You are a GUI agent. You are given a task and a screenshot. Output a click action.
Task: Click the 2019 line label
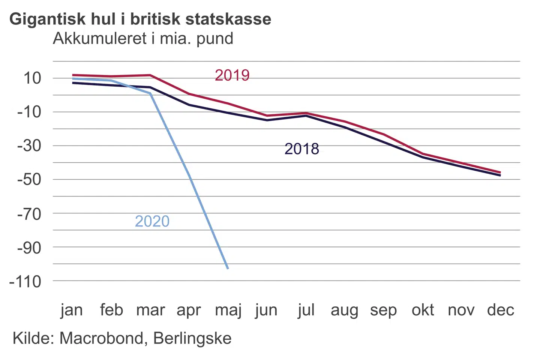point(232,75)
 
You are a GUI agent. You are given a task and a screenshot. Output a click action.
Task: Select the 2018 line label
point(302,149)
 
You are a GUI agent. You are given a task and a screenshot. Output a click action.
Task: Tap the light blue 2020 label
point(152,221)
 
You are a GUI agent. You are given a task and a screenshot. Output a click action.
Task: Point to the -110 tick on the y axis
point(25,281)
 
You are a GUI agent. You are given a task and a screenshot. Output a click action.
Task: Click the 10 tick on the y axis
point(32,78)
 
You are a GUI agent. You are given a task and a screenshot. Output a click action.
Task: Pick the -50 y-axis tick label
point(29,179)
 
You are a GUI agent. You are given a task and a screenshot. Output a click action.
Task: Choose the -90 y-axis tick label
point(29,247)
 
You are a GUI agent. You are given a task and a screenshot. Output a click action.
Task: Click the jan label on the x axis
point(72,310)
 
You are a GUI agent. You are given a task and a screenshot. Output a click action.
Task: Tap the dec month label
point(501,310)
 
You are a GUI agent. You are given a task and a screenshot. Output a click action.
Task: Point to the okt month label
point(423,310)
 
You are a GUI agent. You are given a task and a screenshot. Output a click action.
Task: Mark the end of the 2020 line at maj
point(228,268)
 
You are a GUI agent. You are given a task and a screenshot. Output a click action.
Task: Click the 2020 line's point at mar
point(151,94)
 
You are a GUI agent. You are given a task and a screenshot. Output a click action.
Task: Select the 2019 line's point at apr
point(189,94)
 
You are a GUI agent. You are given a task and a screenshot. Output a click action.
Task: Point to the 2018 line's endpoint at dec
point(500,175)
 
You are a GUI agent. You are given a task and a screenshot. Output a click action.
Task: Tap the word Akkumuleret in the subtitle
point(100,39)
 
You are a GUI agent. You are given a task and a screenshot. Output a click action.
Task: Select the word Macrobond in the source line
point(102,338)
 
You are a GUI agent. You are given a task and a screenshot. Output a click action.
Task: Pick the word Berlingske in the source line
point(192,338)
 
